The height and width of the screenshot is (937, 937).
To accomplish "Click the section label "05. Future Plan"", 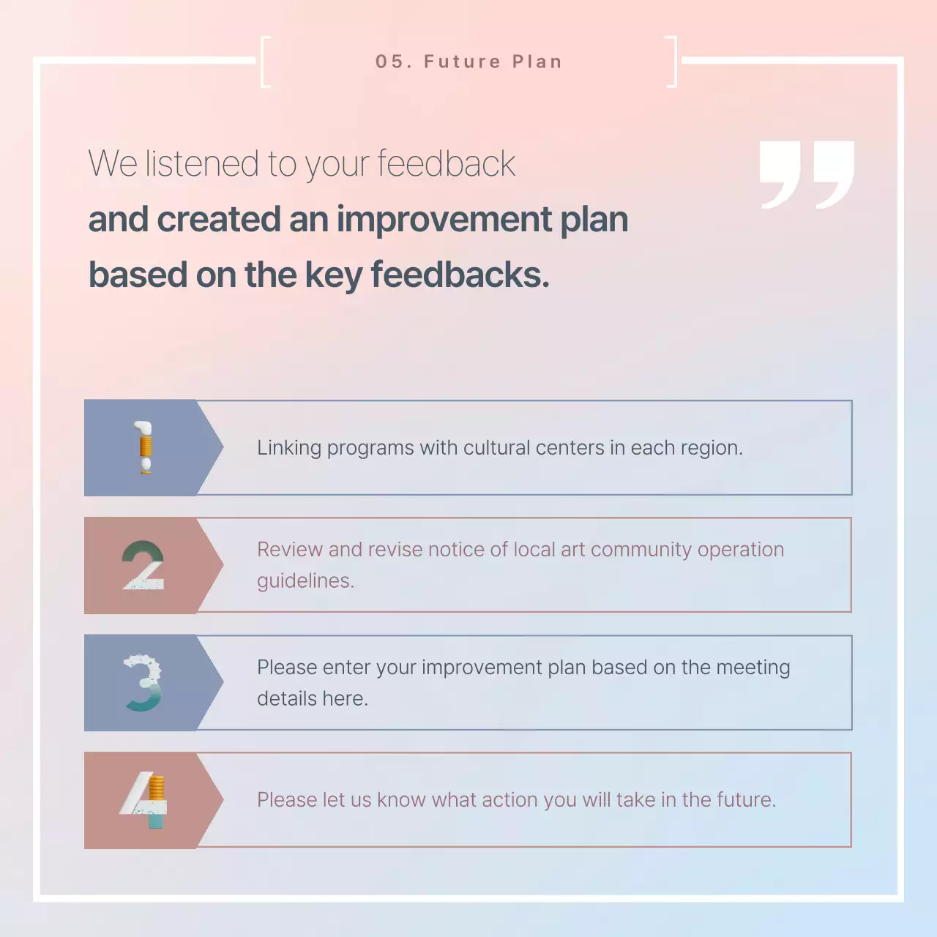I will tap(468, 62).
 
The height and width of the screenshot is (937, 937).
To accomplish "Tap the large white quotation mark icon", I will tap(807, 174).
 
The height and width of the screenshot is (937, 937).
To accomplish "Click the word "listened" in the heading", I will tap(202, 163).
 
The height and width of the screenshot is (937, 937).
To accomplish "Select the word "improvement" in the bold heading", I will tap(444, 220).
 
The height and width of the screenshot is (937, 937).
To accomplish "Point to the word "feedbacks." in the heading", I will tap(460, 275).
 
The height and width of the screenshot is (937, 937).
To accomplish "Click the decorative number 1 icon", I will tap(144, 447).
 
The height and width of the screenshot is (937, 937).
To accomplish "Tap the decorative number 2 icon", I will tap(143, 565).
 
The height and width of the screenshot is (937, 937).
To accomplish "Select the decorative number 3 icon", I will tap(143, 683).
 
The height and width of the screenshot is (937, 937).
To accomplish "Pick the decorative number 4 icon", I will tap(144, 800).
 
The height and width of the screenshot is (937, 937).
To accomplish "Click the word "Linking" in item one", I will tap(289, 448).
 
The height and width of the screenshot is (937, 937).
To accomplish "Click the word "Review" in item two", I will tap(290, 550).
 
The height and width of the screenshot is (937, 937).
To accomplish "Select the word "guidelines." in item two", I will tap(305, 581).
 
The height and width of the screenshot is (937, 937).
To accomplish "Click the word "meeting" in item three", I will tap(753, 668).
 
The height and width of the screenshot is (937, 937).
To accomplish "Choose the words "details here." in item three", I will tap(313, 699).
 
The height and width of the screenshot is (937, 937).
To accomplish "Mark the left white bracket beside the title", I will tap(265, 61).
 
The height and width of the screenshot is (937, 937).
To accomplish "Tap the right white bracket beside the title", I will tap(672, 61).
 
